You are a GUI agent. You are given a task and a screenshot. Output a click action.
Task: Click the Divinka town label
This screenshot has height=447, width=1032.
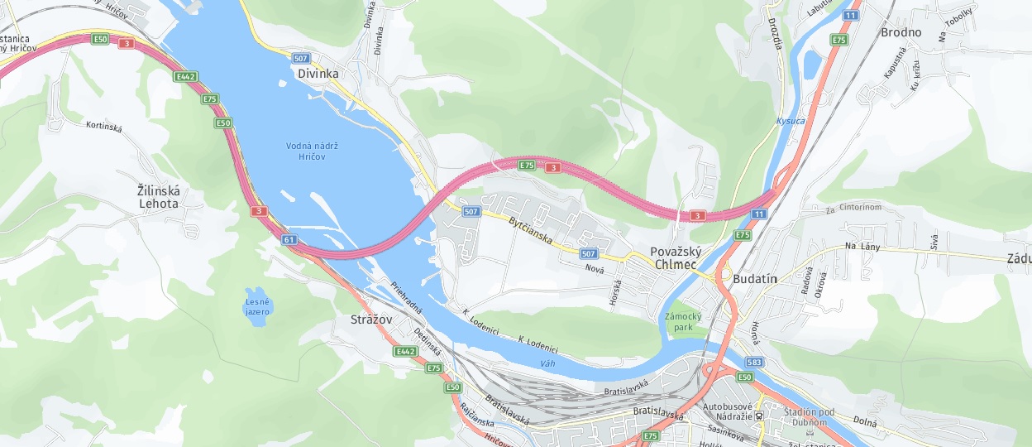(x=318, y=74)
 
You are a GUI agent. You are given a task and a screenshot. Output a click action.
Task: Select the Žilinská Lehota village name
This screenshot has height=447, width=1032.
(x=159, y=196)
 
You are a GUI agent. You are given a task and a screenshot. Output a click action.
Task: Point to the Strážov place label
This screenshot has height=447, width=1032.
(x=371, y=319)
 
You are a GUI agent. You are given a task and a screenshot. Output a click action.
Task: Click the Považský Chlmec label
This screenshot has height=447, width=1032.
(x=676, y=258)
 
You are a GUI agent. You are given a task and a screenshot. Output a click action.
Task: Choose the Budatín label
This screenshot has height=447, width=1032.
(x=755, y=279)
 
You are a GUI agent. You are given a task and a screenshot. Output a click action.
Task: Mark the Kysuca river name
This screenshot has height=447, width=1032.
(x=790, y=122)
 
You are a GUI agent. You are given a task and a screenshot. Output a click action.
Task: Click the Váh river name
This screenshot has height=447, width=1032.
(x=547, y=363)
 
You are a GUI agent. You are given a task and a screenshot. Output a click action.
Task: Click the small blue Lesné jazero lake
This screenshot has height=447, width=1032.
(x=256, y=306)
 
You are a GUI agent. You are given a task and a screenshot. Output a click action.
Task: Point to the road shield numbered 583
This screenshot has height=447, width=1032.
(x=752, y=362)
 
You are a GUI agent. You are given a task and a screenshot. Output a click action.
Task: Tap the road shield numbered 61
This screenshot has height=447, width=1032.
(x=289, y=239)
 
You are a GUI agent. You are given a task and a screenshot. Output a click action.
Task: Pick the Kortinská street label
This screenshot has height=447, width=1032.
(x=104, y=127)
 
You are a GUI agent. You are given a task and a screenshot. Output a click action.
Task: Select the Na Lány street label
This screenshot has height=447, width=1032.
(x=861, y=247)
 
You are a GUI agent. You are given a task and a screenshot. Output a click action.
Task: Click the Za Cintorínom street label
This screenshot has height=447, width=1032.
(x=853, y=207)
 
